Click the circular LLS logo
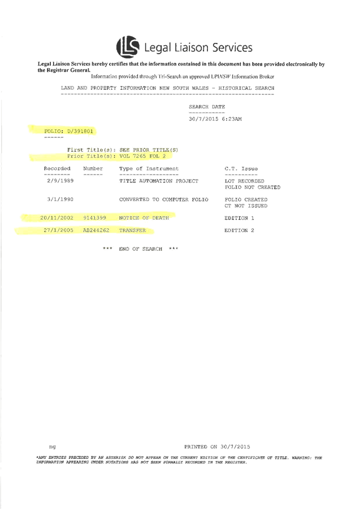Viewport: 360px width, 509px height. click(128, 46)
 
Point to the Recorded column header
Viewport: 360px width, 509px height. click(57, 168)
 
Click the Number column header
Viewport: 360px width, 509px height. click(93, 168)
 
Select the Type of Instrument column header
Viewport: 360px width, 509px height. click(149, 168)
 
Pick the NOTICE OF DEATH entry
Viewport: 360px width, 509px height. click(144, 217)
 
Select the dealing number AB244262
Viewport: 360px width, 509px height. click(96, 230)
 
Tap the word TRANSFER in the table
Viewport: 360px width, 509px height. click(132, 230)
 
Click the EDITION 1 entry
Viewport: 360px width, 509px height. click(239, 217)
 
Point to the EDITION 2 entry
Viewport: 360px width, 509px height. click(240, 230)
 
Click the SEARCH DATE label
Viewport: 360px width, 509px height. click(206, 107)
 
